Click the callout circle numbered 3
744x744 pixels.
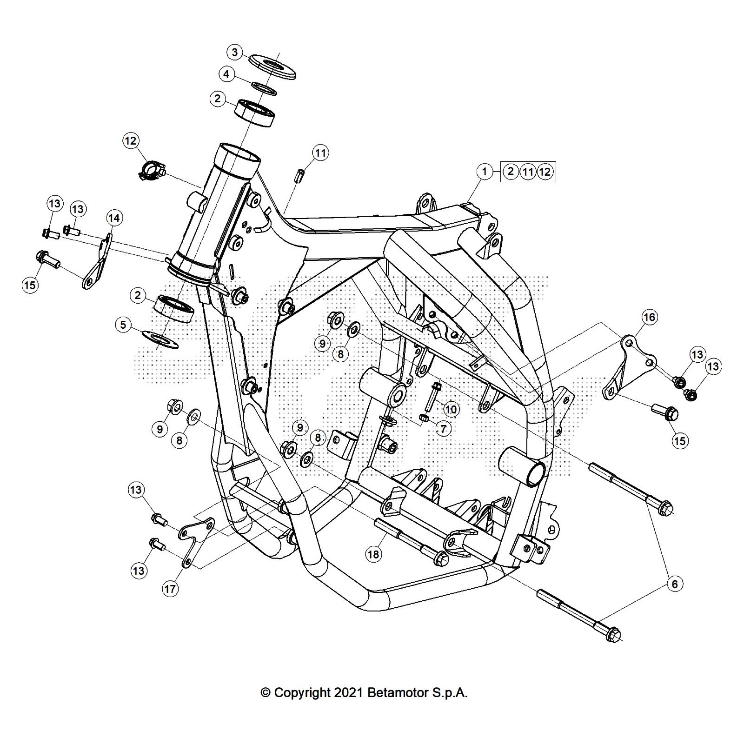(235, 52)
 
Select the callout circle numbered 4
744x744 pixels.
(226, 74)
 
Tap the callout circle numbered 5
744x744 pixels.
(123, 325)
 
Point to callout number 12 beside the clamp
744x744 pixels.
(131, 140)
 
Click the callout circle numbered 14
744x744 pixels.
(114, 218)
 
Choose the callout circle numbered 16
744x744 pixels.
(649, 318)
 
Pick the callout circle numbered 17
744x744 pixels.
(170, 589)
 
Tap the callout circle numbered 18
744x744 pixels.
(374, 554)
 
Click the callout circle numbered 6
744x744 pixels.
(675, 584)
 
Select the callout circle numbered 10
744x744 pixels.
(451, 409)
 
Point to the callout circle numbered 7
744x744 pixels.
(443, 428)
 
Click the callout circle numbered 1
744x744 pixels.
(485, 172)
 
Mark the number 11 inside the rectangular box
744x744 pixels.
(527, 172)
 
